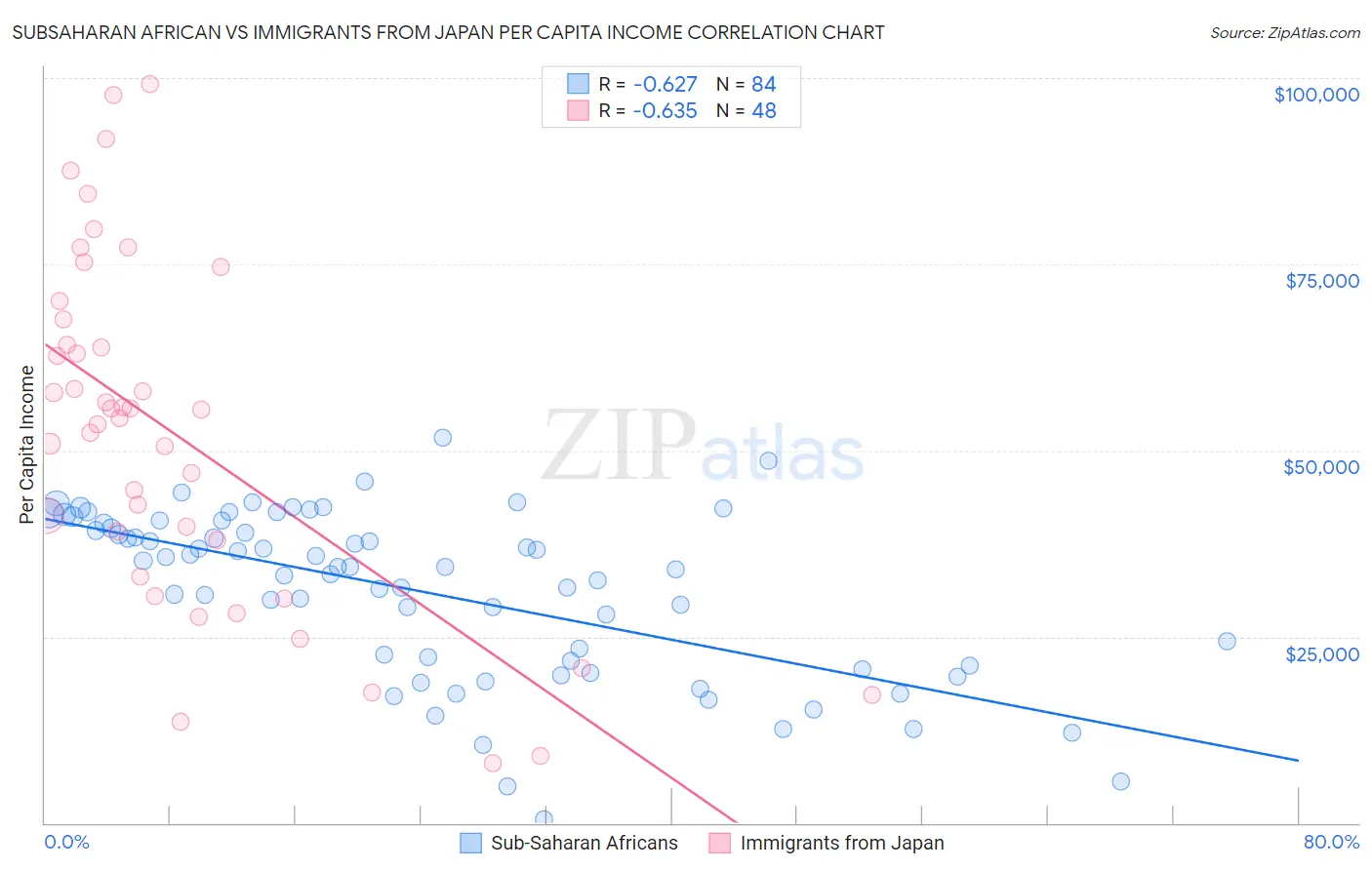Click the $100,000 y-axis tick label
tap(1316, 95)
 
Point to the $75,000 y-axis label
tap(1322, 281)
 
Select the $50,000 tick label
tap(1321, 467)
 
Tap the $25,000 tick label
tap(1322, 653)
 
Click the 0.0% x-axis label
tap(66, 843)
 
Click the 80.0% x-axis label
tap(1331, 843)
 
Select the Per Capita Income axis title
tap(27, 445)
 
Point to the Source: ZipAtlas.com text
tap(1285, 32)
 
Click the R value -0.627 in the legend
tap(665, 85)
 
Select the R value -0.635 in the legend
tap(665, 111)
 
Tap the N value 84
tap(763, 85)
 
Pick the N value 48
tap(763, 111)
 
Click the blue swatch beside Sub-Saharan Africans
tap(471, 844)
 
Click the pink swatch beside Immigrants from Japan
tap(720, 844)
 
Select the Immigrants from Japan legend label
tap(842, 844)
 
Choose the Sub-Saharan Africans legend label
tap(584, 844)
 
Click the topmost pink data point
tap(150, 84)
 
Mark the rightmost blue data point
tap(1227, 641)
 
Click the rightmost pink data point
tap(872, 694)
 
